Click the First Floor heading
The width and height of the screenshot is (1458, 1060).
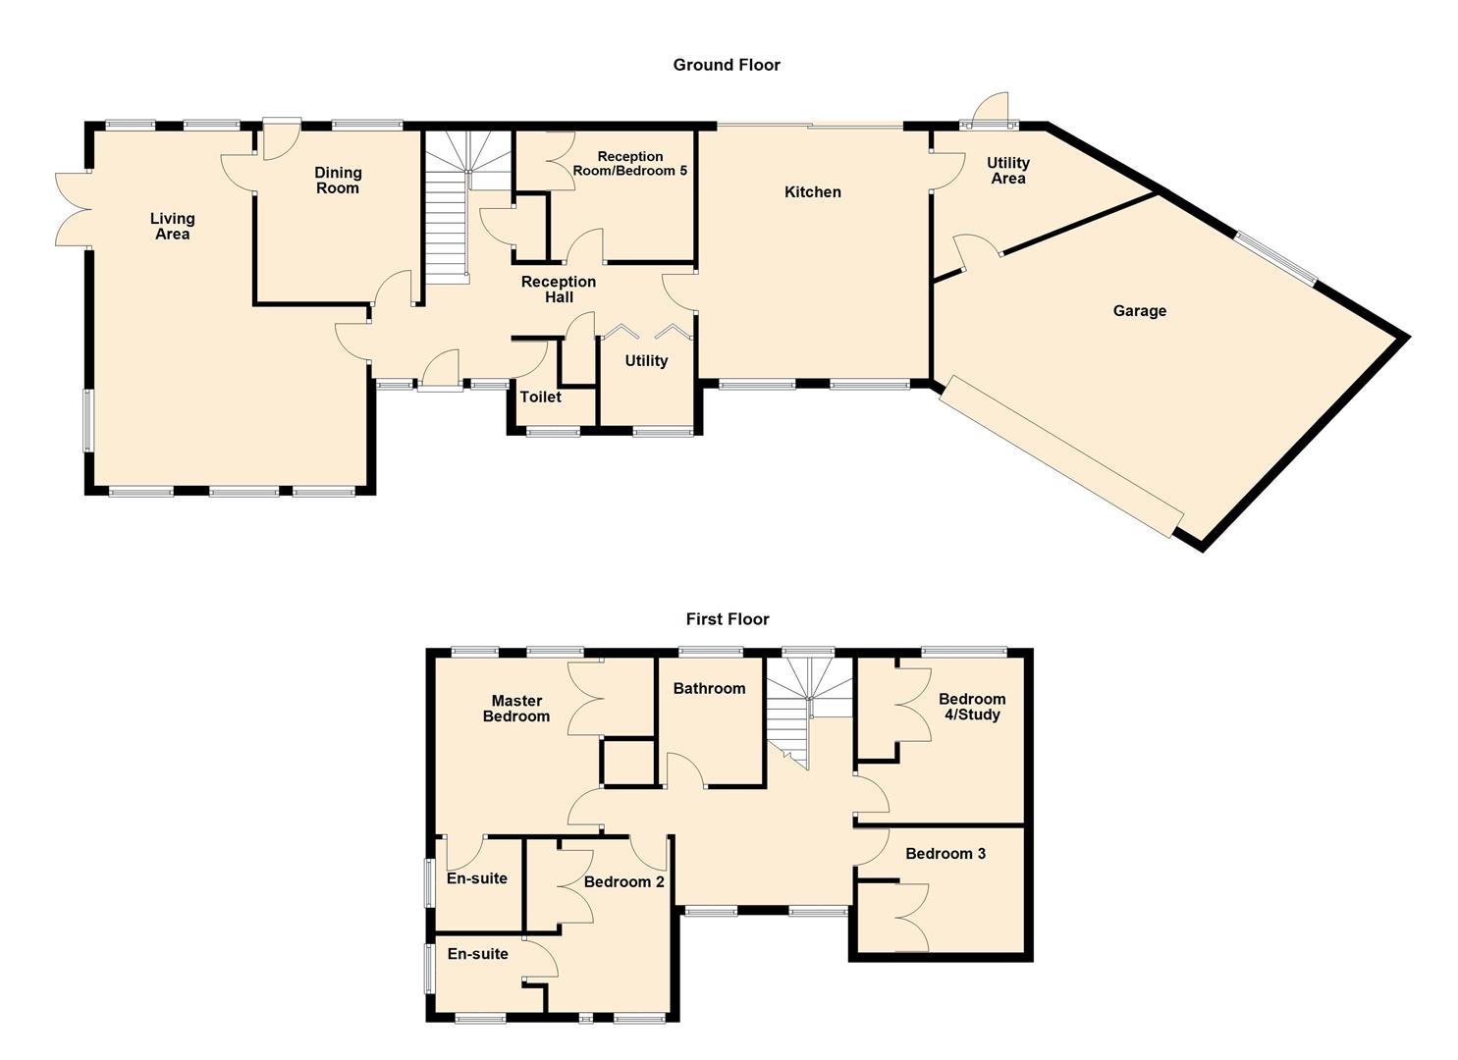tap(728, 618)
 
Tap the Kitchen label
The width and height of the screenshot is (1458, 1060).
tap(812, 192)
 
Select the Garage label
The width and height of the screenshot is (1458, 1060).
tap(1139, 311)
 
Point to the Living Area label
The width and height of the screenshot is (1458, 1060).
tap(173, 227)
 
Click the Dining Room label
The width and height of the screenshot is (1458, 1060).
tap(337, 181)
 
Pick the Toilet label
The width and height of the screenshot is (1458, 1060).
tap(540, 397)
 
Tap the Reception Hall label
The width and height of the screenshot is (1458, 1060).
tap(559, 290)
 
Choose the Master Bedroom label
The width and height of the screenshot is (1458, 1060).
tap(516, 709)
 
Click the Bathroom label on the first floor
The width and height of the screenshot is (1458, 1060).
tap(709, 688)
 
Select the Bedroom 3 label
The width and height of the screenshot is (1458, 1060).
tap(945, 854)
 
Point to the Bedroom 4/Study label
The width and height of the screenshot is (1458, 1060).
tap(972, 707)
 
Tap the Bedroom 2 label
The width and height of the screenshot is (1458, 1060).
tap(623, 882)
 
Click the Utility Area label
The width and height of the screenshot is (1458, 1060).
tap(1008, 171)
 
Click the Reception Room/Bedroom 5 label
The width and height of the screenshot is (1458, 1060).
tap(629, 163)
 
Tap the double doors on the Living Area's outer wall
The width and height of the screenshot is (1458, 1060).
tap(73, 209)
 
